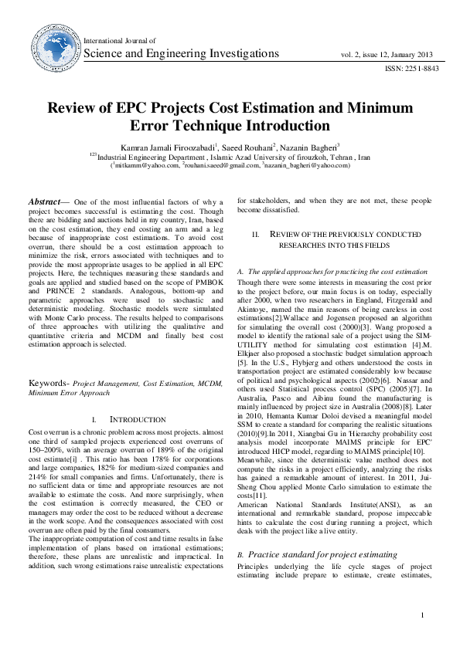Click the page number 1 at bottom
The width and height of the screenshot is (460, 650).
point(422,614)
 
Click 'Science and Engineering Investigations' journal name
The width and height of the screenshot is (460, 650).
point(181,54)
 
